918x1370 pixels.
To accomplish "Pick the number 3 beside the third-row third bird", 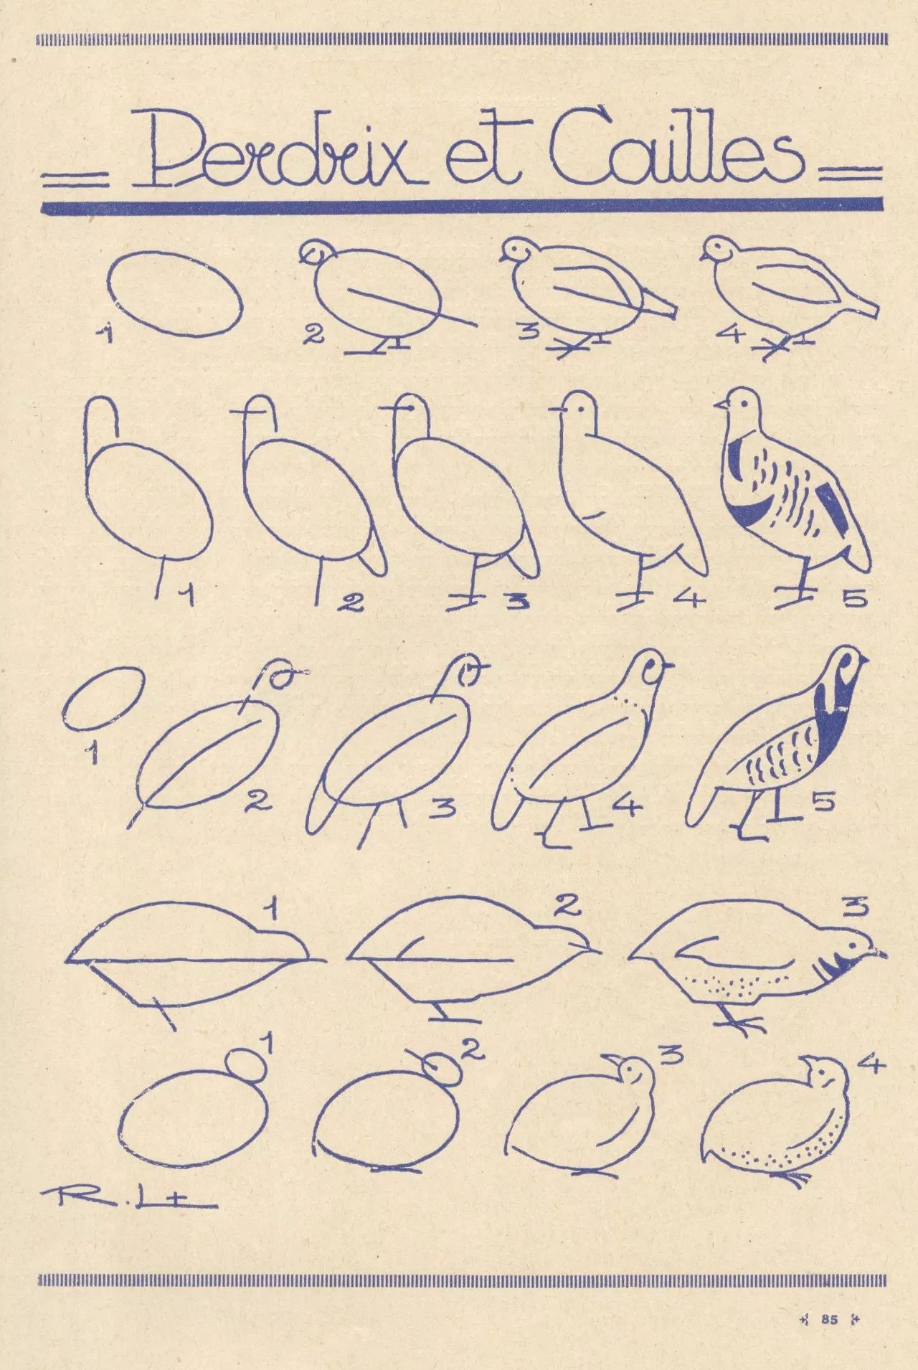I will tap(444, 809).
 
